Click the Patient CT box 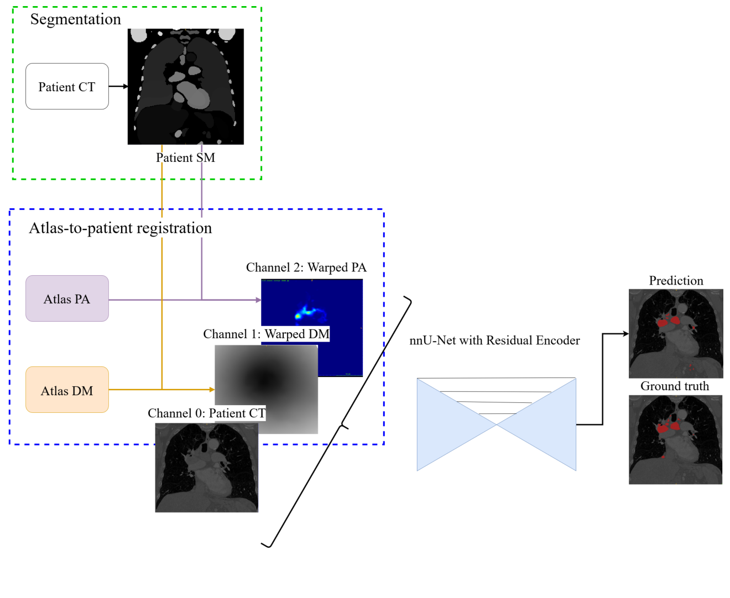coord(67,87)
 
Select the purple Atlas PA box coord(67,299)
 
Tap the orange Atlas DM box coord(67,390)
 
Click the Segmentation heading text coord(75,19)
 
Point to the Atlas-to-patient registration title coord(120,228)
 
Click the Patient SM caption coord(185,158)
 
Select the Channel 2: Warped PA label coord(306,267)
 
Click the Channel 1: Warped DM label coord(266,334)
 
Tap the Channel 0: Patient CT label coord(206,413)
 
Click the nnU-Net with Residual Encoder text coord(494,340)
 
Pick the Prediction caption coord(676,281)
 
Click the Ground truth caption coord(675,386)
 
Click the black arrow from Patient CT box coord(118,86)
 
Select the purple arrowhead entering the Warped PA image coord(258,300)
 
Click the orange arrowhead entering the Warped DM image coord(212,390)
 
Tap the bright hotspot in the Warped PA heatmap coord(298,316)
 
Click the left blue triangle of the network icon coord(448,424)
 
